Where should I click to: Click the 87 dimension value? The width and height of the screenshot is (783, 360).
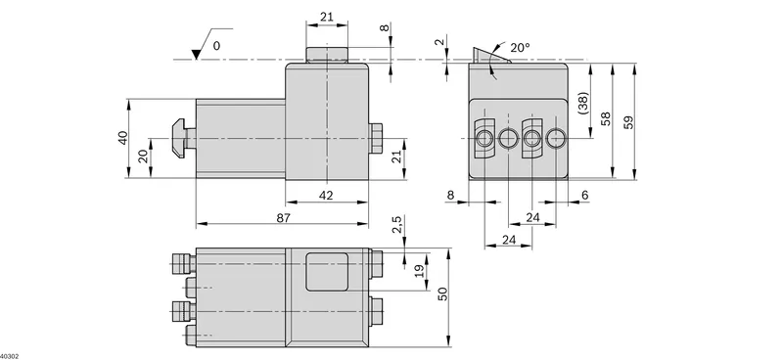[x=283, y=218]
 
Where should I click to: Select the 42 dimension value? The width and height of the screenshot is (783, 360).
[x=326, y=196]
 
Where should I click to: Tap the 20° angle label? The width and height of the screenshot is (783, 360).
[x=520, y=48]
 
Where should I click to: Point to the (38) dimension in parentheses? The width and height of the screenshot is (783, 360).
[x=583, y=103]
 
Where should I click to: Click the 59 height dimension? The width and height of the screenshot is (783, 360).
[x=628, y=122]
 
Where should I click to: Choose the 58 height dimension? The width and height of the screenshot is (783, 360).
[x=606, y=118]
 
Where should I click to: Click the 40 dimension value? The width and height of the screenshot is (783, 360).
[x=123, y=137]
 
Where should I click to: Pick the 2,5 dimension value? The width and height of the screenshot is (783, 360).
[x=396, y=225]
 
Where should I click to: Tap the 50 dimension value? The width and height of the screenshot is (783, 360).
[x=442, y=293]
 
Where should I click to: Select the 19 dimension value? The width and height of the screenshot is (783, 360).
[x=420, y=271]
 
